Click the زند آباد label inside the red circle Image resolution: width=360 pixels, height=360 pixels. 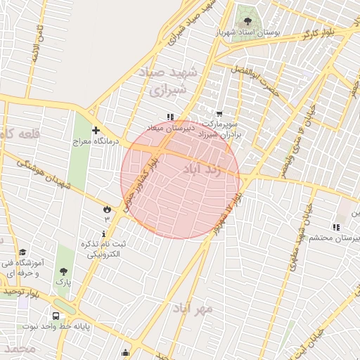point(202,169)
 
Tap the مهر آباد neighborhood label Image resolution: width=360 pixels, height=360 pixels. point(192,309)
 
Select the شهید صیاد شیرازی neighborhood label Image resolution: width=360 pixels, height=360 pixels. point(175,82)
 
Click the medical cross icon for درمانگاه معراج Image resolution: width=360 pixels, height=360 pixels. point(96,130)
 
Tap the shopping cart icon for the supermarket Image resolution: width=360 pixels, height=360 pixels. point(219,114)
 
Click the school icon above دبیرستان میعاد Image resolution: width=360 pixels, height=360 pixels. point(169,116)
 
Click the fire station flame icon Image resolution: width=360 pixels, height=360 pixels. point(107,209)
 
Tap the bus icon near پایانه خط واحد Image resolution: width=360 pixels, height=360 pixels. point(56,316)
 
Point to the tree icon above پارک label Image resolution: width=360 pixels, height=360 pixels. point(64,271)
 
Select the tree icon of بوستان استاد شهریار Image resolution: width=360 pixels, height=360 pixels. point(246,19)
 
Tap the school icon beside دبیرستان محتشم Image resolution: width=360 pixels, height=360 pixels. point(336,227)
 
